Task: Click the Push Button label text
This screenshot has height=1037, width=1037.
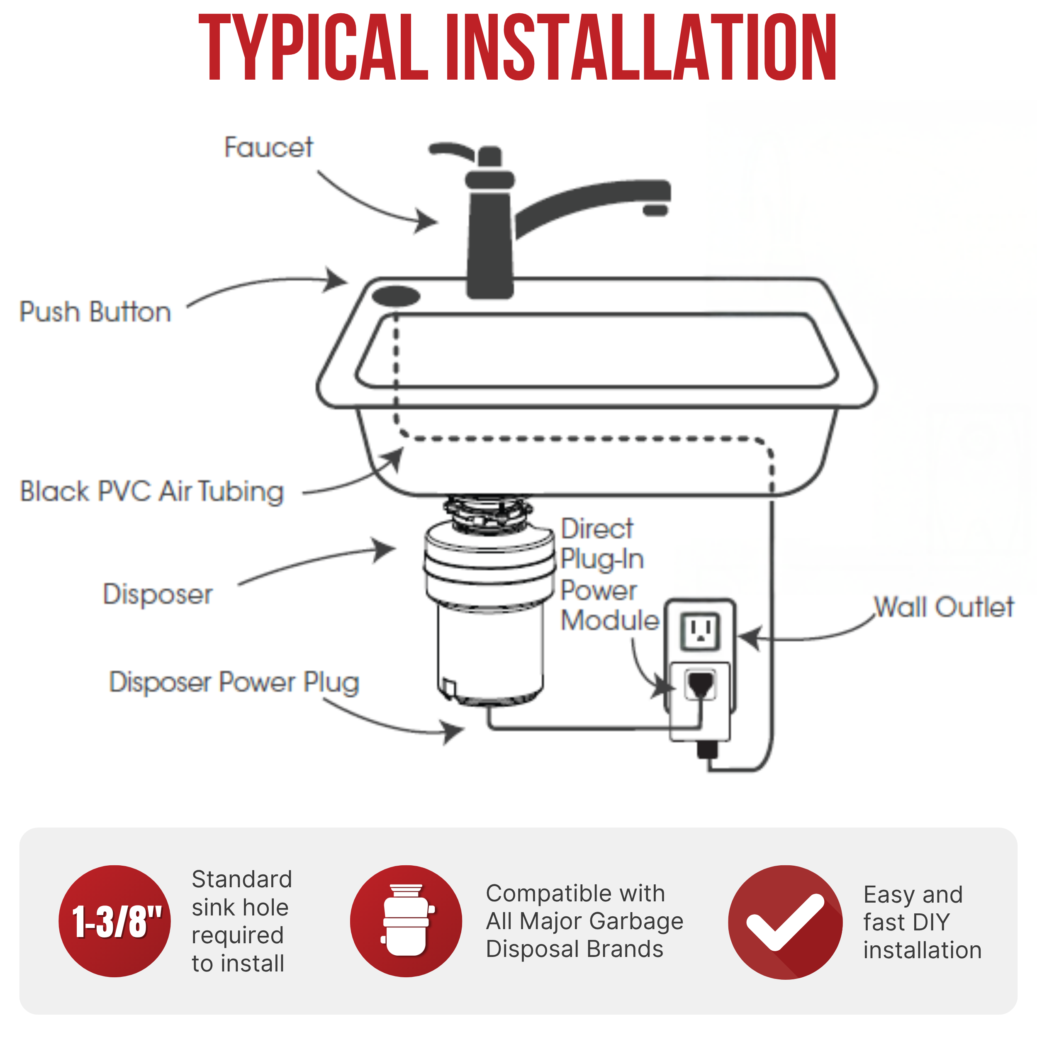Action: pyautogui.click(x=95, y=312)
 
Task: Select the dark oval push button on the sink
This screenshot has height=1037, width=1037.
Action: pyautogui.click(x=396, y=296)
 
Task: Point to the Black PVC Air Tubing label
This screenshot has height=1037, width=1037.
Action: pyautogui.click(x=152, y=492)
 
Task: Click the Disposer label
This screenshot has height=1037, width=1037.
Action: pyautogui.click(x=158, y=594)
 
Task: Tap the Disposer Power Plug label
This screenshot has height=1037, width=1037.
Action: pyautogui.click(x=234, y=682)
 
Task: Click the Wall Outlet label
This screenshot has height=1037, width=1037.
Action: pyautogui.click(x=944, y=607)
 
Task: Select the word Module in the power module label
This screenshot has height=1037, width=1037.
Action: pyautogui.click(x=610, y=621)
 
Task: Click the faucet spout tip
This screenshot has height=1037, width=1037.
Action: pyautogui.click(x=655, y=210)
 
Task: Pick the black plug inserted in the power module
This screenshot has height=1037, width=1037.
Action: pyautogui.click(x=701, y=684)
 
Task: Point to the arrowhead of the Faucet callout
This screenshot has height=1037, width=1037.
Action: pyautogui.click(x=428, y=221)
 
